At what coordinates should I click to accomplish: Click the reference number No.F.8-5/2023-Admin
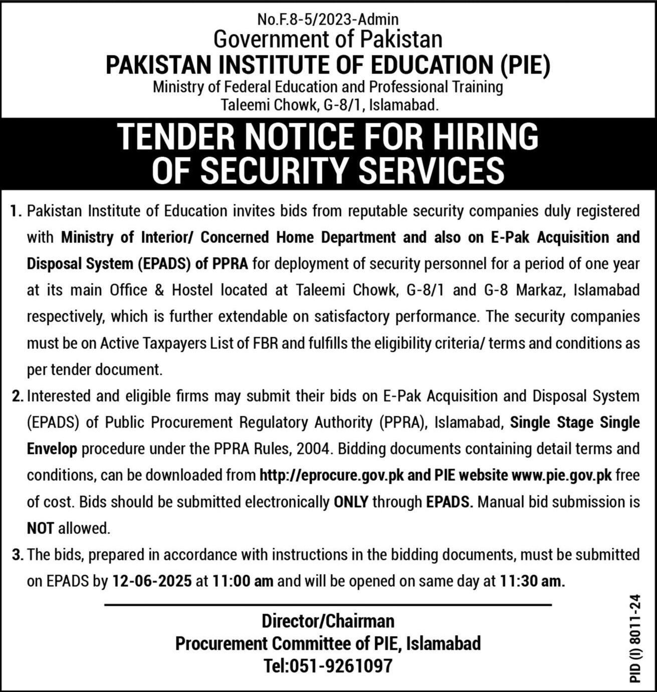pyautogui.click(x=328, y=20)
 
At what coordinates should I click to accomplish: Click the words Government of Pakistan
pyautogui.click(x=328, y=39)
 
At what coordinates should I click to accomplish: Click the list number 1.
pyautogui.click(x=16, y=211)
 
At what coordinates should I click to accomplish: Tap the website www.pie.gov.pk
pyautogui.click(x=561, y=475)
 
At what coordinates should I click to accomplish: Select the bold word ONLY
pyautogui.click(x=351, y=502)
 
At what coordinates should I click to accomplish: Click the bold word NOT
pyautogui.click(x=40, y=528)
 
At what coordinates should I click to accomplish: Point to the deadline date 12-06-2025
pyautogui.click(x=152, y=581)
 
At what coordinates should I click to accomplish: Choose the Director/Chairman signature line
pyautogui.click(x=328, y=621)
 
